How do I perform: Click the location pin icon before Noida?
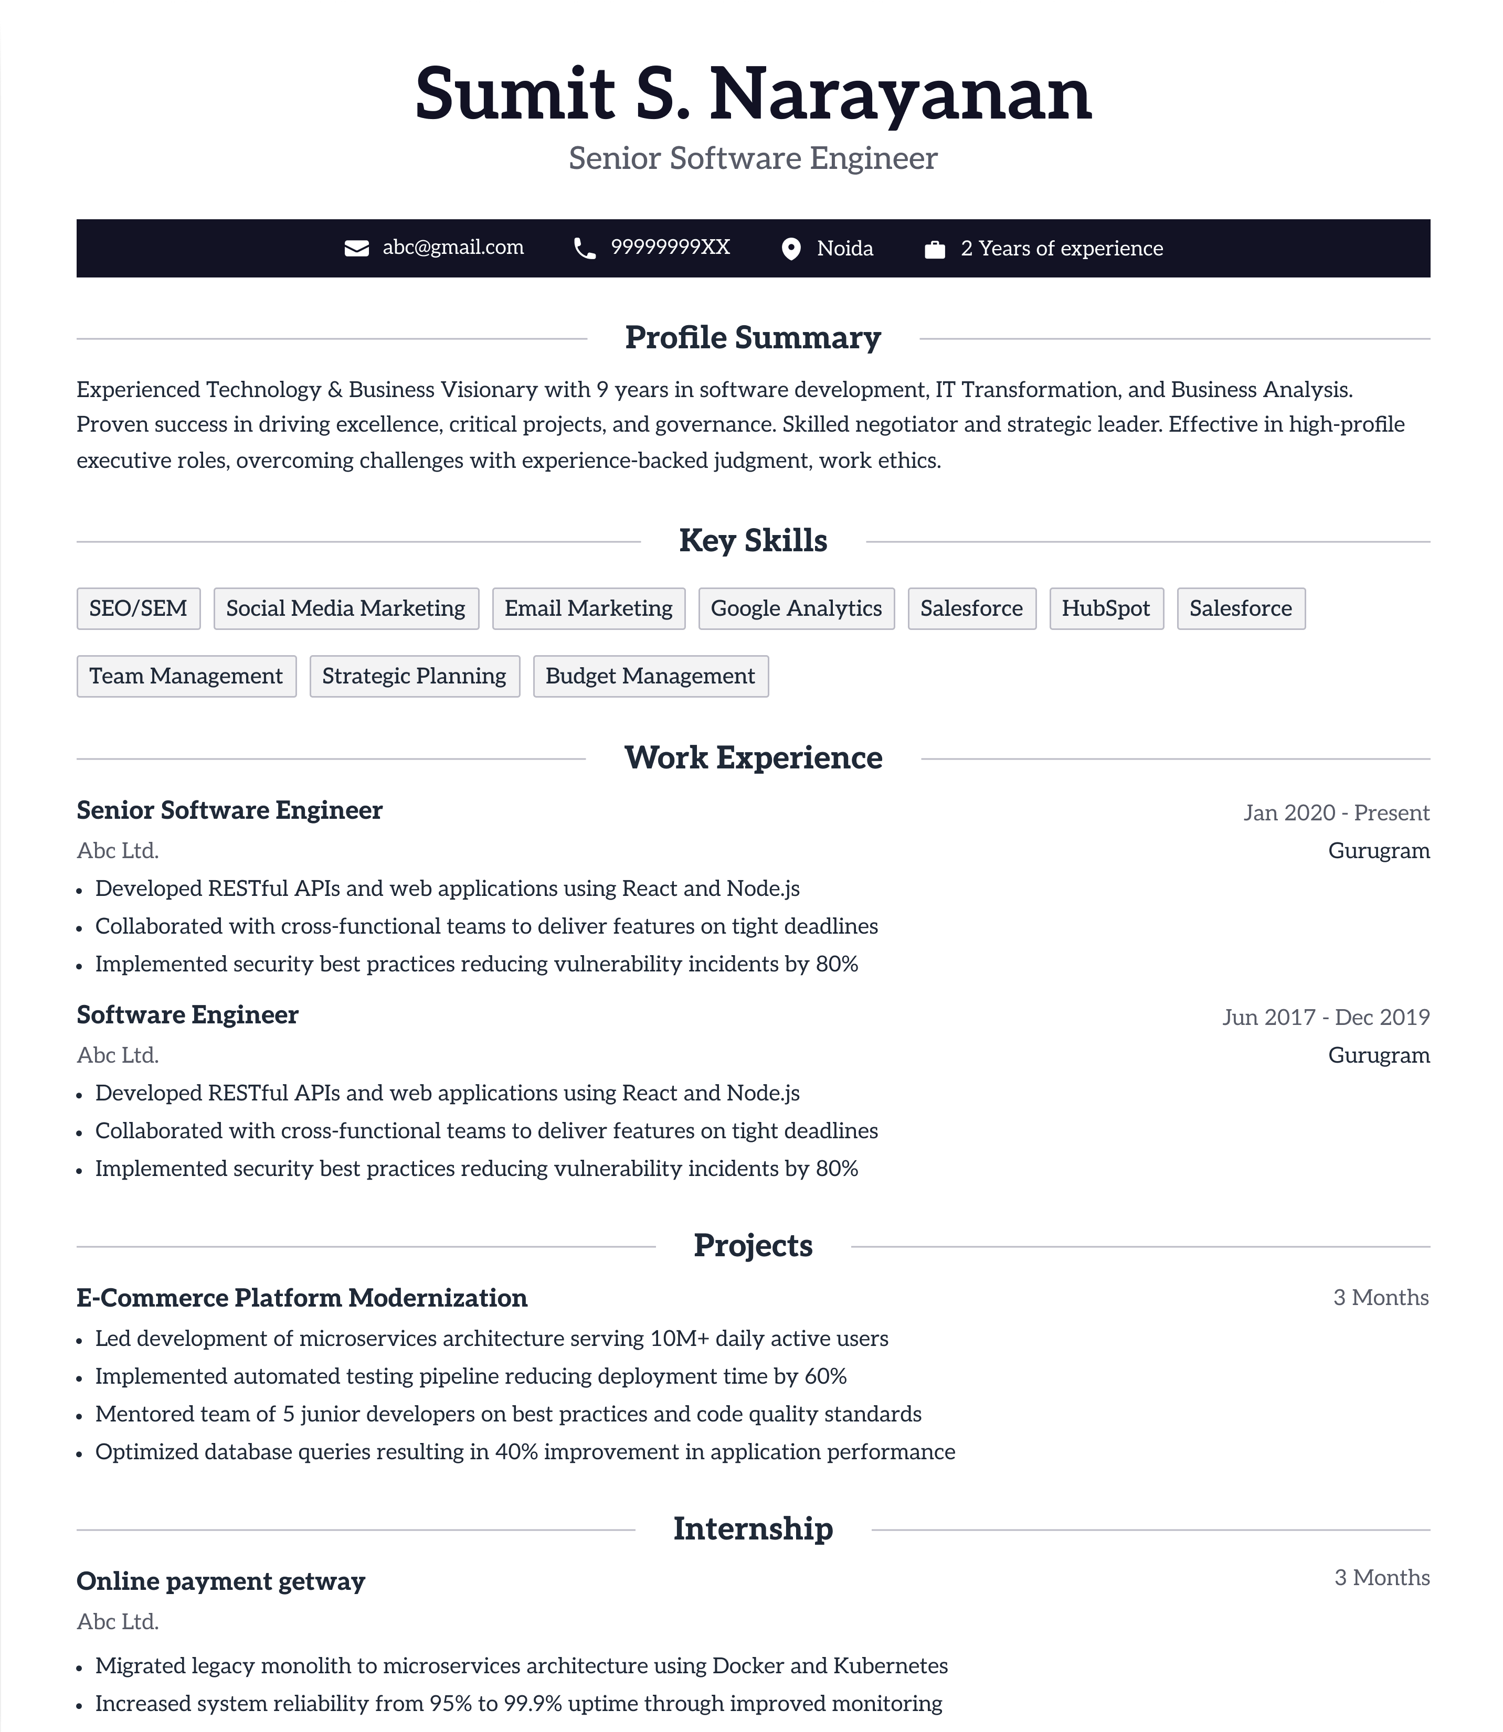pos(790,249)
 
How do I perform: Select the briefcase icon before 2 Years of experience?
pos(934,250)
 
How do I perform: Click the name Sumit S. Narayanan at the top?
pos(753,94)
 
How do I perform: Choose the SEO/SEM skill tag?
pos(139,608)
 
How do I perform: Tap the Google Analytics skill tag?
pos(796,608)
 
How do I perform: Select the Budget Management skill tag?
pos(650,677)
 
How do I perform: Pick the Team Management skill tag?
pos(186,677)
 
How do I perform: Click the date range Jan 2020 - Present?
pos(1336,812)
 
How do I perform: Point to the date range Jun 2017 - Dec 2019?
pos(1325,1017)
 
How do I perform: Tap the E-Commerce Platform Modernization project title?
pos(302,1298)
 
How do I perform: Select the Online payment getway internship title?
pos(220,1581)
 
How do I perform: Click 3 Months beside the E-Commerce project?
pos(1381,1298)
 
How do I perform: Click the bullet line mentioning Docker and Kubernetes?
pos(521,1666)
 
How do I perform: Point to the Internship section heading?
pos(753,1529)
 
